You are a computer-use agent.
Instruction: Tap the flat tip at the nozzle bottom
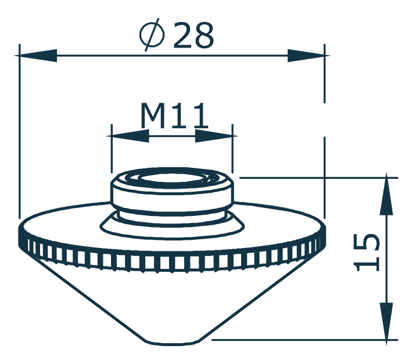(174, 340)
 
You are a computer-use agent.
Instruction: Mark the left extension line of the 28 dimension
(19, 134)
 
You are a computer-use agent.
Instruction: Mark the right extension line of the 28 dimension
(324, 134)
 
